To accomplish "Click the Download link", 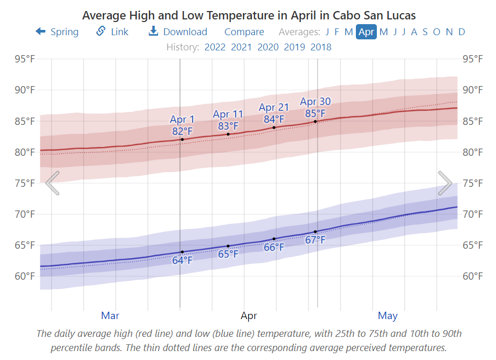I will point(178,32).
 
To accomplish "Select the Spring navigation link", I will point(57,32).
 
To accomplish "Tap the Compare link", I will point(244,32).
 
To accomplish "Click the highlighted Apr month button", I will point(366,32).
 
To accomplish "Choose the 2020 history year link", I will point(268,47).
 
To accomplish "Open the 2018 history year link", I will point(321,47).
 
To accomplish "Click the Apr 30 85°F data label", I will point(315,107).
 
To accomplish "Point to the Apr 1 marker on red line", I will point(182,139).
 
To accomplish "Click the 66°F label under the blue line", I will point(273,247).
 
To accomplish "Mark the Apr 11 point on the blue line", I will point(228,246).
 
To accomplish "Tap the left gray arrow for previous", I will point(52,183).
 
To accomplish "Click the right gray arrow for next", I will point(445,183).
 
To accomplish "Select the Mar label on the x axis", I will point(110,315).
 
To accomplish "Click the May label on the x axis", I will point(387,315).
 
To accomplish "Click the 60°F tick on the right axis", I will point(472,276).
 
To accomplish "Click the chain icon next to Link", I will point(101,31).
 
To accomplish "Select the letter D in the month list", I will point(461,32).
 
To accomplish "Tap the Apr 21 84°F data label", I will point(274,113).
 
